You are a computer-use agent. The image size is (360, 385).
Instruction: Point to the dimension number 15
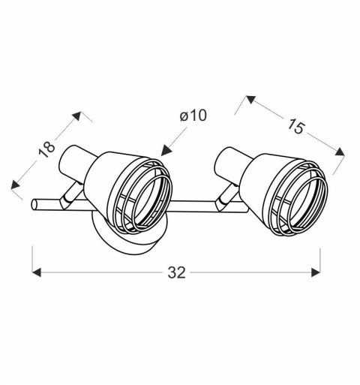click(295, 128)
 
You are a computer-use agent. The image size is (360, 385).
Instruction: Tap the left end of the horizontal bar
click(34, 204)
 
